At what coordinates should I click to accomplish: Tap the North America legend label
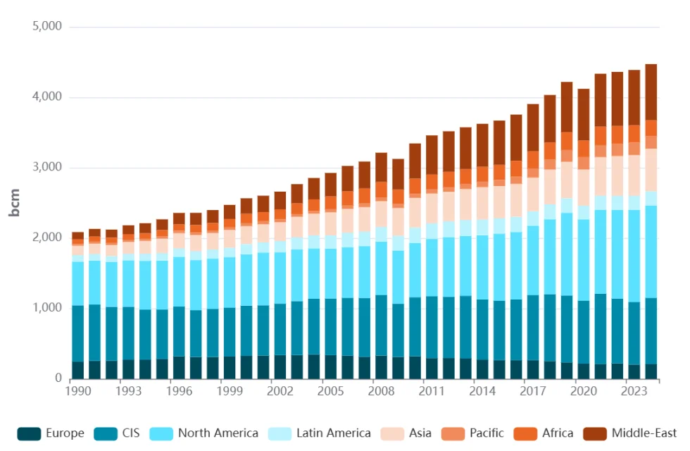(x=218, y=433)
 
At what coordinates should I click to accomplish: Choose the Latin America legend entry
(x=333, y=433)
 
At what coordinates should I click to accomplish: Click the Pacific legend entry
(x=486, y=433)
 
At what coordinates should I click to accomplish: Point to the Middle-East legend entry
(x=644, y=433)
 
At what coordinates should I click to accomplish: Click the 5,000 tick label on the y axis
(x=47, y=27)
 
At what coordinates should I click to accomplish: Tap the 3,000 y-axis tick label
(x=47, y=168)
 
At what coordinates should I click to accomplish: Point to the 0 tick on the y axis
(x=58, y=378)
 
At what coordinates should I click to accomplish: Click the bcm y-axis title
(x=14, y=202)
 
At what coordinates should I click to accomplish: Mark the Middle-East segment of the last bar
(x=651, y=92)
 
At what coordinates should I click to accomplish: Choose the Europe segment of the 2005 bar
(x=331, y=366)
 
